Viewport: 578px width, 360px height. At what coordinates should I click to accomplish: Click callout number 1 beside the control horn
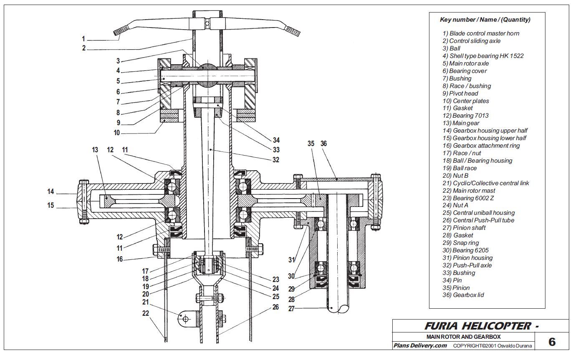tap(83, 39)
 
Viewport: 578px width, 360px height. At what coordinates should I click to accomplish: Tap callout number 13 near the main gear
tap(95, 149)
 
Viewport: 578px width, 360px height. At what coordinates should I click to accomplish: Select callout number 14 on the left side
tap(50, 191)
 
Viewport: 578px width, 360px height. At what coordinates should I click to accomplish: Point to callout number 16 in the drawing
tap(120, 259)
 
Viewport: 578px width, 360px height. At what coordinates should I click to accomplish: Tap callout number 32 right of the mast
tap(275, 159)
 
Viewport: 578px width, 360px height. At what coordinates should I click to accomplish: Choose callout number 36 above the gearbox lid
tap(323, 143)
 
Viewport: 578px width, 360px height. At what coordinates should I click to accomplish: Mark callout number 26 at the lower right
tap(275, 307)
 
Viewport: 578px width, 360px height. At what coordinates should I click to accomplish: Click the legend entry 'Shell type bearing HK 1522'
tap(483, 56)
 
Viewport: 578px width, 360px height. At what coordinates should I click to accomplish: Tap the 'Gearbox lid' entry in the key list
tap(463, 295)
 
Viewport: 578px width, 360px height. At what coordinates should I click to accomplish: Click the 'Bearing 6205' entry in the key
tap(466, 250)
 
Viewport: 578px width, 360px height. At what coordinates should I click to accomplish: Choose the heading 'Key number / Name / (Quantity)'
tap(485, 20)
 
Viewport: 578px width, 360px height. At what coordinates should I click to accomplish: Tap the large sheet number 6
tap(552, 342)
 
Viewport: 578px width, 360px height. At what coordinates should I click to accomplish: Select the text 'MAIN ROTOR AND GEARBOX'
tap(463, 337)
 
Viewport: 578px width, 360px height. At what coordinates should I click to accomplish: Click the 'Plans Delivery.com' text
tap(420, 345)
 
